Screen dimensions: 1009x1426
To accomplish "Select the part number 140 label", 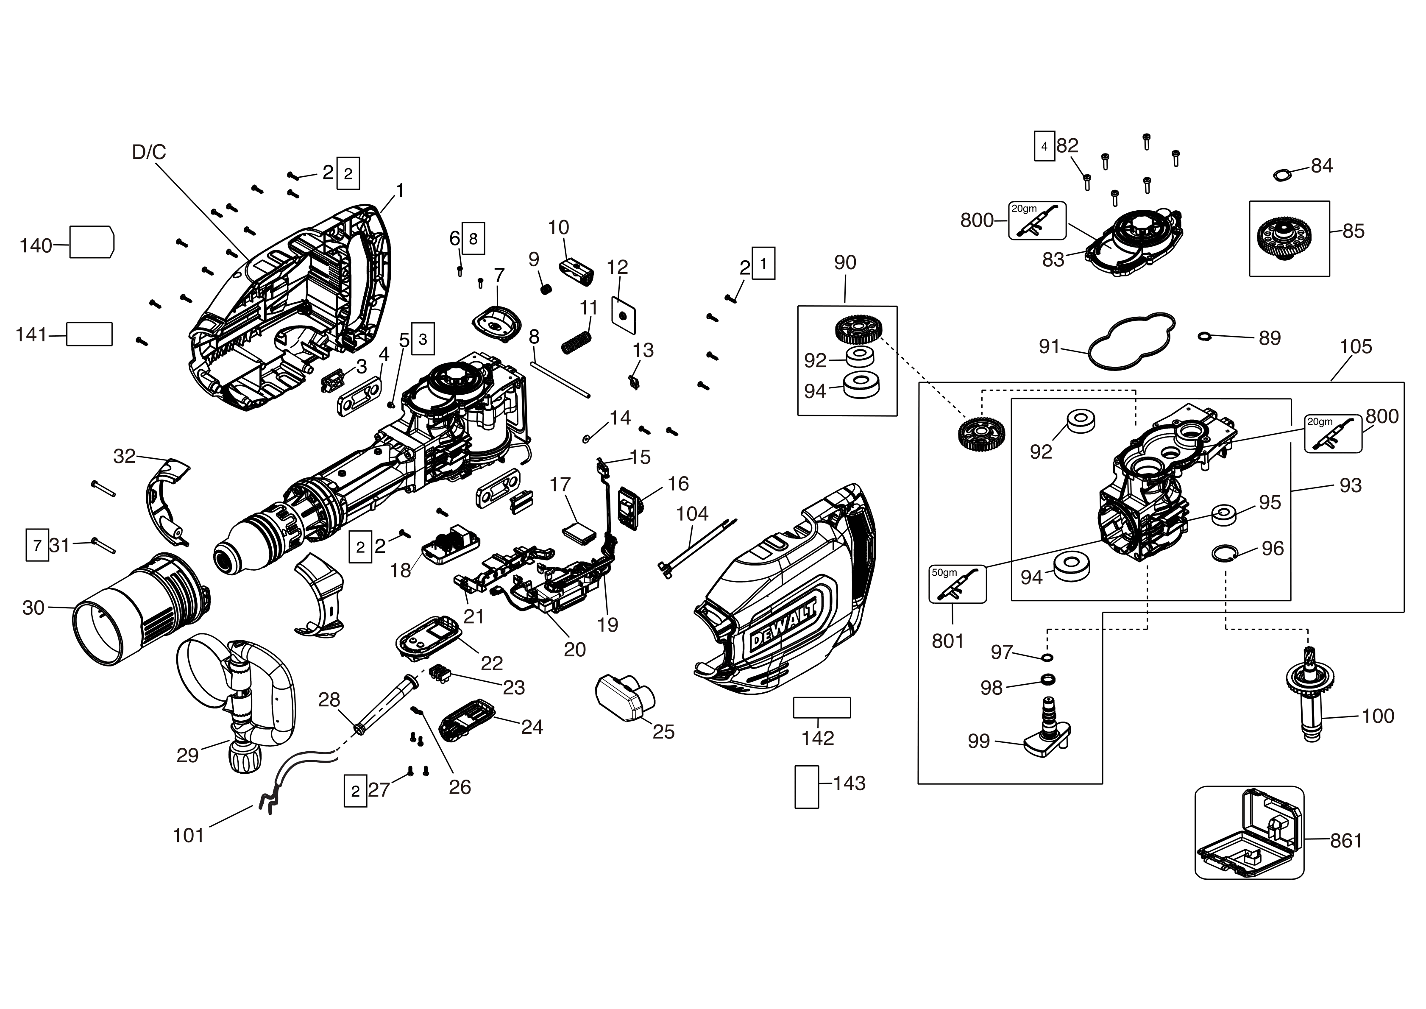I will point(36,245).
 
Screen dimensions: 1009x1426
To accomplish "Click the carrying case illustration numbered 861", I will point(1249,833).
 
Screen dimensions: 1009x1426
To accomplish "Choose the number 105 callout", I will point(1356,347).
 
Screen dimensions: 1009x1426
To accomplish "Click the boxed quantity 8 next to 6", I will point(473,238).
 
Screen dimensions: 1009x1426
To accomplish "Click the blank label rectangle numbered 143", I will point(806,786).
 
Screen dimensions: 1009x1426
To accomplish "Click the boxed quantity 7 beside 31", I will point(37,546).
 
